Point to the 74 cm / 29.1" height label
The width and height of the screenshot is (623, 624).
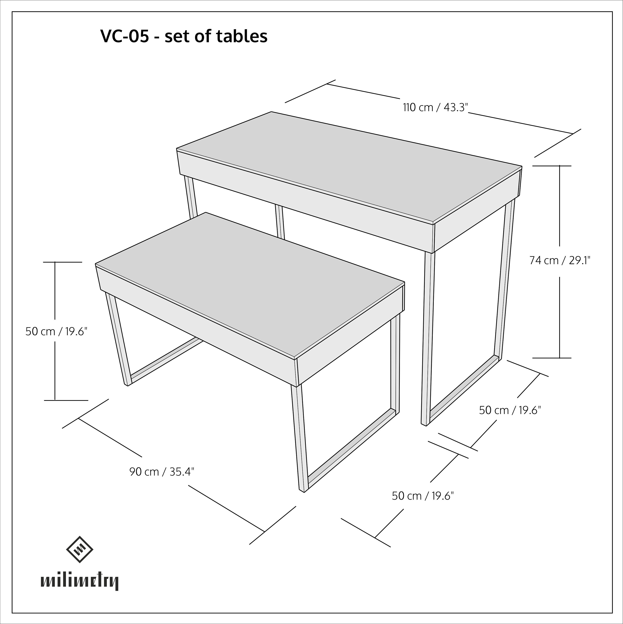(560, 260)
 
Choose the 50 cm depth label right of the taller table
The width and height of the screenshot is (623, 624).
(510, 410)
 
